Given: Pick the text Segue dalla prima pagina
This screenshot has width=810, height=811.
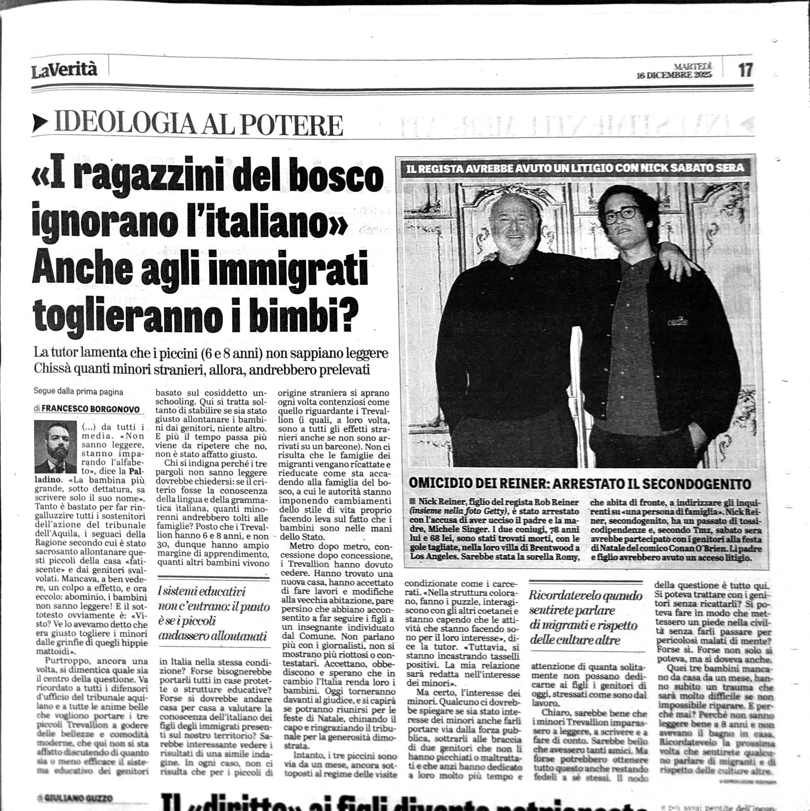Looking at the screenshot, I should (x=79, y=392).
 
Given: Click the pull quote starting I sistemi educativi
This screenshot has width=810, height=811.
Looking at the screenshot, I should (x=213, y=613).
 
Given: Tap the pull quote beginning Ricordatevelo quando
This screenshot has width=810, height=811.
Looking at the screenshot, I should (x=586, y=617).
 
